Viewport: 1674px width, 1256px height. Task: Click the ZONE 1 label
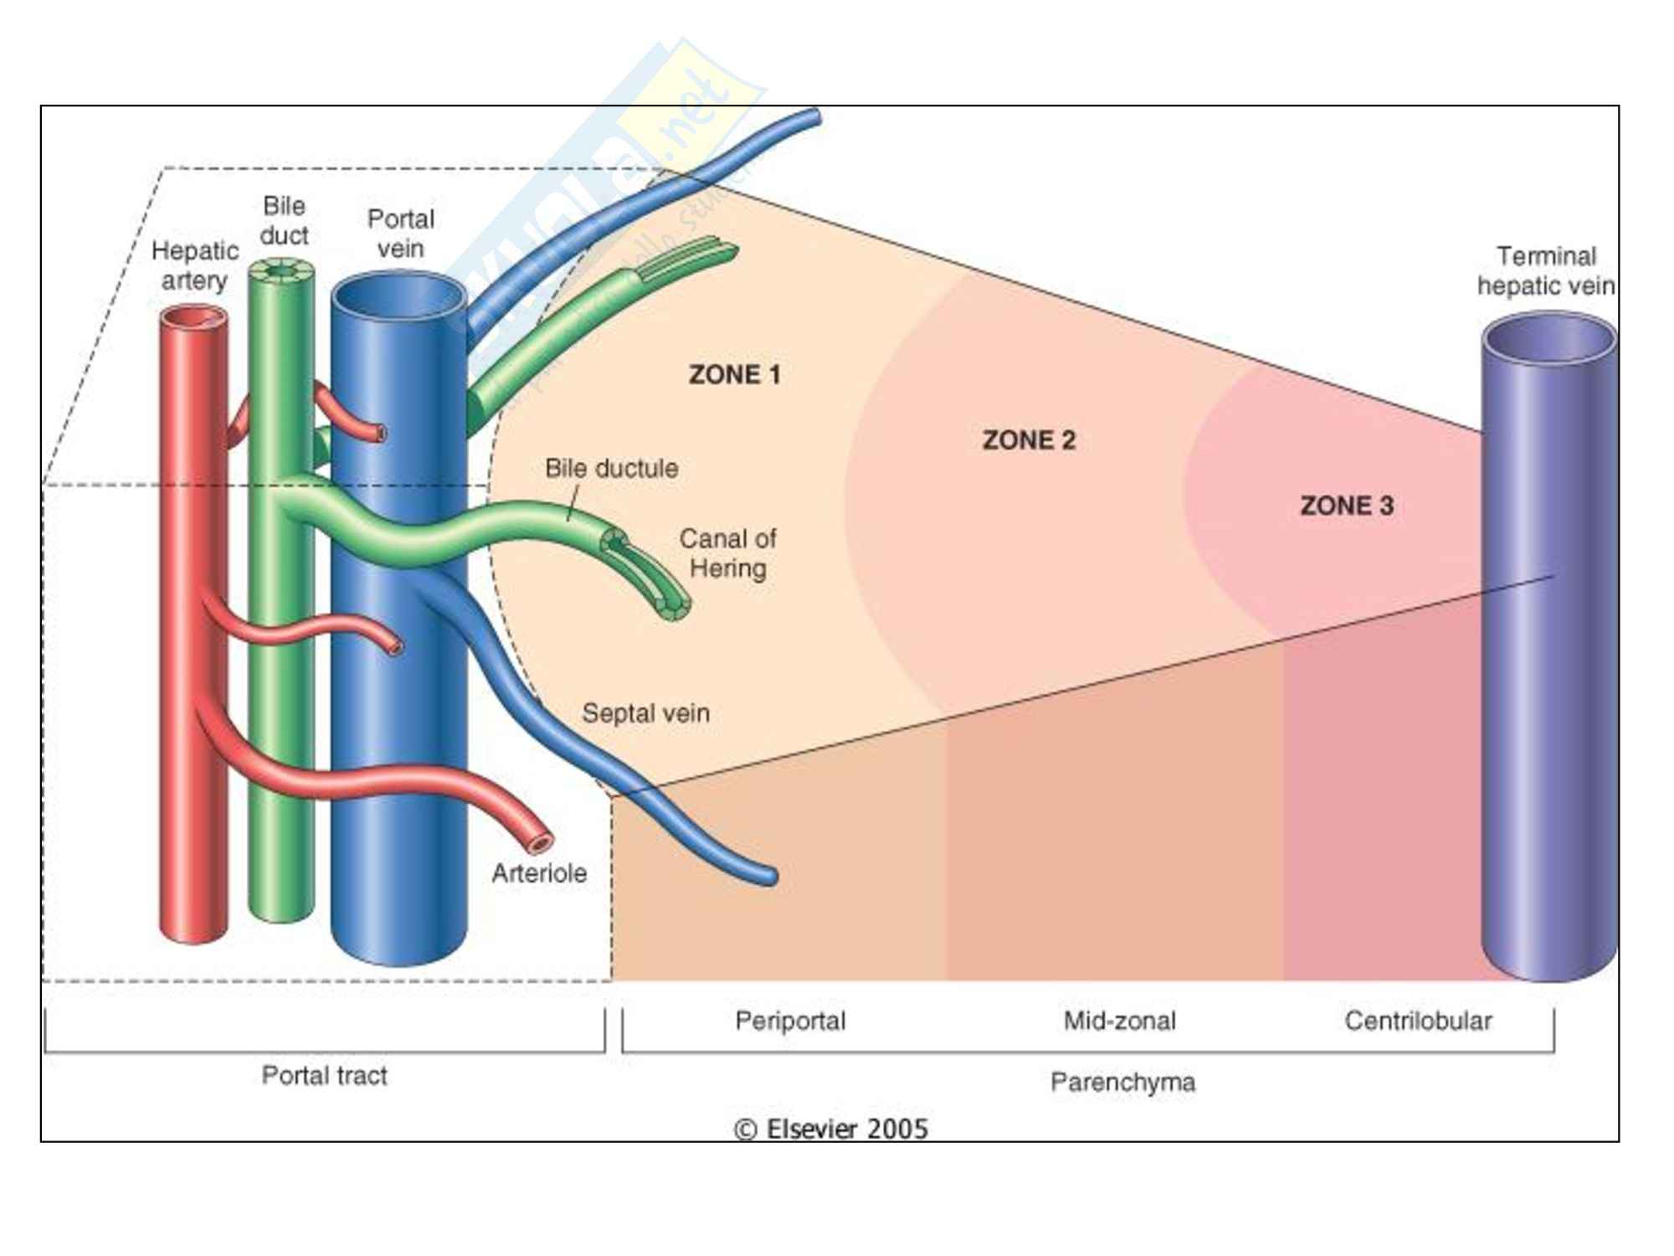coord(734,374)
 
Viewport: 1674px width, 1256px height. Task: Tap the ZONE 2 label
coord(1029,440)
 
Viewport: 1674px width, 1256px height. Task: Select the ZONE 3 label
coord(1346,505)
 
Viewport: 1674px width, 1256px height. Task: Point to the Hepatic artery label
coord(194,265)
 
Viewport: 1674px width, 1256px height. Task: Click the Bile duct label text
coord(284,220)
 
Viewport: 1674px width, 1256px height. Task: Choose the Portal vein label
coord(400,234)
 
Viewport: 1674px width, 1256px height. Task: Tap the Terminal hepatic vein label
coord(1545,270)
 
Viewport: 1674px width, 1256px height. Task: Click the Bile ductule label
coord(611,468)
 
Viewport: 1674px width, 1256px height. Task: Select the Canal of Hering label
coord(727,553)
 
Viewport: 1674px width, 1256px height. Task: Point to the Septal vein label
coord(645,713)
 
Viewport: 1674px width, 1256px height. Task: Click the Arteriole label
coord(539,873)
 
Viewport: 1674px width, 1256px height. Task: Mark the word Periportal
coord(790,1021)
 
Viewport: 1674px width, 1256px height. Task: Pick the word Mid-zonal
coord(1119,1021)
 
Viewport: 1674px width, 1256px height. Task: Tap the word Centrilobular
coord(1418,1021)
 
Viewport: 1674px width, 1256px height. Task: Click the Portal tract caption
coord(324,1075)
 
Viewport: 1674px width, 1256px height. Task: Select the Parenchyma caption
coord(1122,1082)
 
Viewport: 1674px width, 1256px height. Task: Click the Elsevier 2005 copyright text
coord(831,1129)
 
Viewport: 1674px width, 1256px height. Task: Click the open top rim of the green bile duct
coord(282,271)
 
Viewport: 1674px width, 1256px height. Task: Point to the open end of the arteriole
coord(541,842)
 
